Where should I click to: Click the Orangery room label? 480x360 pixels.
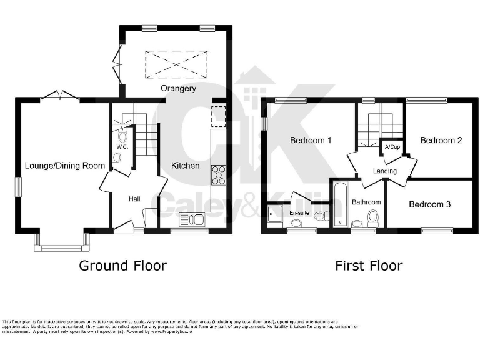pos(178,88)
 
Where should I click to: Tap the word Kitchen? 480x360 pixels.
pos(186,166)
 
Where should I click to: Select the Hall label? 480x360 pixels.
pos(134,199)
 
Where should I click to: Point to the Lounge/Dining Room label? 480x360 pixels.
pos(65,166)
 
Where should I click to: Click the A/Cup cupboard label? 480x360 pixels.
pos(392,147)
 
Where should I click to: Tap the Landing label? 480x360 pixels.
pos(385,171)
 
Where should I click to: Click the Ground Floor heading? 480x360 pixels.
pos(122,266)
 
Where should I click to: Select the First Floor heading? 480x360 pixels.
pos(369,266)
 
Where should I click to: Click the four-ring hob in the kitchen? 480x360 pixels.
pos(219,175)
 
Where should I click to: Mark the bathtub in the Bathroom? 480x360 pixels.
pos(340,204)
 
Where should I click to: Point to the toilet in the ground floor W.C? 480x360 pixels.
pos(122,136)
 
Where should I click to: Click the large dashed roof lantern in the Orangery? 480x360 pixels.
pos(177,64)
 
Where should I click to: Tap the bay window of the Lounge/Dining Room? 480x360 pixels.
pos(61,244)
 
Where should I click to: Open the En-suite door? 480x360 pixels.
pos(301,199)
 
